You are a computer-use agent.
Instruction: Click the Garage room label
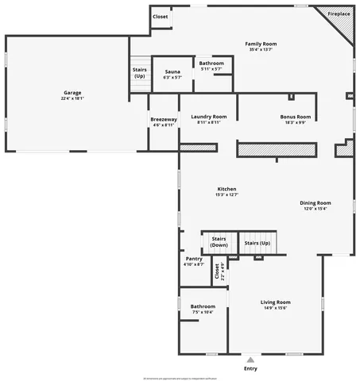pos(66,93)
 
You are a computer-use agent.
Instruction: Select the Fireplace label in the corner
pos(339,14)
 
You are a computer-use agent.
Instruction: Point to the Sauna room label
pos(172,71)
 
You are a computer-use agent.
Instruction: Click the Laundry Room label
pos(208,117)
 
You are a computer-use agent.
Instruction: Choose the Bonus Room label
pos(296,117)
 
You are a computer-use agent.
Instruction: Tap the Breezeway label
pos(164,120)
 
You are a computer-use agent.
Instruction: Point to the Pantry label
pos(194,259)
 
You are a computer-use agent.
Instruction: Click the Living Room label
pos(276,302)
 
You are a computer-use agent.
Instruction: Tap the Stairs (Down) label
pos(219,242)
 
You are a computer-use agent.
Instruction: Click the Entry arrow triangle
pos(251,360)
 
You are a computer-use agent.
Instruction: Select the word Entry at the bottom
pos(251,368)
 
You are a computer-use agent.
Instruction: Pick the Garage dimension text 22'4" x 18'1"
pos(66,99)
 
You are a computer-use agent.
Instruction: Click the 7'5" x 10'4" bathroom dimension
pos(203,312)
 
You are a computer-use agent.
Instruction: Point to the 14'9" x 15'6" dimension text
pos(276,308)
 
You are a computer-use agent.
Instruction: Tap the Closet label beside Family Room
pos(161,16)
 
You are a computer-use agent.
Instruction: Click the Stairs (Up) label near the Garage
pos(140,72)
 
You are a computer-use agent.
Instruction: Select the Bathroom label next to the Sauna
pos(211,63)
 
